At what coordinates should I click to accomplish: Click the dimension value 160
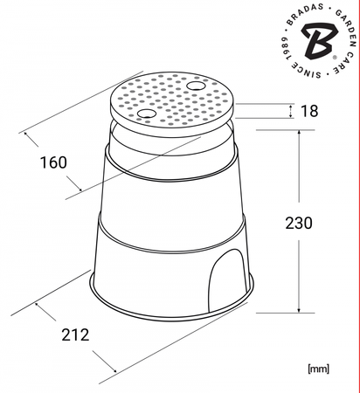53,162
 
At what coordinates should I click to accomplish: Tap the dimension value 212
75,334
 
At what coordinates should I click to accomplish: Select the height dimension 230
299,223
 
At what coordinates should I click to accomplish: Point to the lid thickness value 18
309,111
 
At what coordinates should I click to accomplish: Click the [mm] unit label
318,369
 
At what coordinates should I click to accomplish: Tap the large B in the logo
319,40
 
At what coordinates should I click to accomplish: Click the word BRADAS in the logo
305,12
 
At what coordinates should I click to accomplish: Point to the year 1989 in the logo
286,48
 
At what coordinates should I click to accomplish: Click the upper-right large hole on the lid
195,86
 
